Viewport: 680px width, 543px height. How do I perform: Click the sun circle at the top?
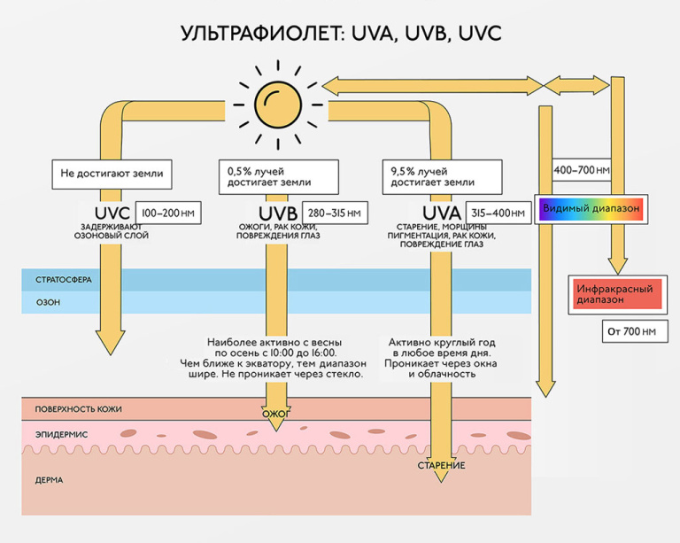277,105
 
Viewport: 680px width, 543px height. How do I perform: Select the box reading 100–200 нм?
168,213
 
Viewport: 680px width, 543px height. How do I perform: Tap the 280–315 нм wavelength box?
335,213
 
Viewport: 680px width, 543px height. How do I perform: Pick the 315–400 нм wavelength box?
498,213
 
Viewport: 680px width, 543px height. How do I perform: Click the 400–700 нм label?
582,170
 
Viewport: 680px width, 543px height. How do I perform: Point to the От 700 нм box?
635,331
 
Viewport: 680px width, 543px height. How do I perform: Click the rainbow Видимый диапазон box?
591,209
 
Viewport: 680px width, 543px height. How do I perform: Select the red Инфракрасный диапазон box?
617,294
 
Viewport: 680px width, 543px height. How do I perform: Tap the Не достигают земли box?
112,174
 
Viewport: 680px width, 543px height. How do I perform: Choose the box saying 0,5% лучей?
278,176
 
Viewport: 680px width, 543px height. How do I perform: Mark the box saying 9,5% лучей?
442,176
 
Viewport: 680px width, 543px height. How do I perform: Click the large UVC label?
112,213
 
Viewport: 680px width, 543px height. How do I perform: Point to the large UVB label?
278,213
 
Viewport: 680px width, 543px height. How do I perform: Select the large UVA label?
442,213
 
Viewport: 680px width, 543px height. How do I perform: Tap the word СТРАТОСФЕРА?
64,280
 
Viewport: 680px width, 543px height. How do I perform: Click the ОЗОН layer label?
48,302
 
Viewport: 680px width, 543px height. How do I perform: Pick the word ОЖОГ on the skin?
276,415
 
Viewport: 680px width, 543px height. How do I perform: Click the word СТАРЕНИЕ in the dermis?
442,466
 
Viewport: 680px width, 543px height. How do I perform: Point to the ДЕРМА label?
49,480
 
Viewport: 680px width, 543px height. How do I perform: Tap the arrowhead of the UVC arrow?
111,343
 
